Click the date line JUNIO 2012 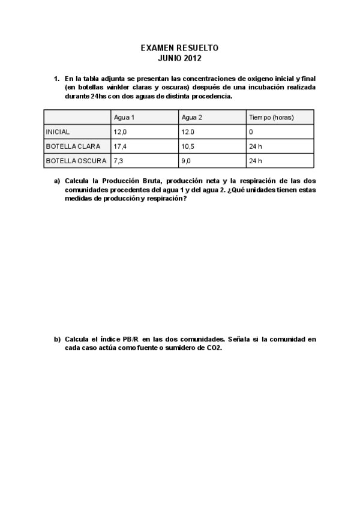pyautogui.click(x=180, y=58)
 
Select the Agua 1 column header pyautogui.click(x=124, y=117)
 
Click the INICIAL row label pyautogui.click(x=58, y=131)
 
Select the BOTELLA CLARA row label pyautogui.click(x=73, y=146)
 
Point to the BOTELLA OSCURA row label pyautogui.click(x=76, y=161)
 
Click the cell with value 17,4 pyautogui.click(x=120, y=146)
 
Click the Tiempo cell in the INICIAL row pyautogui.click(x=251, y=131)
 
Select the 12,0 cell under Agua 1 pyautogui.click(x=120, y=131)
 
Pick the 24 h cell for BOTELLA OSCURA pyautogui.click(x=255, y=161)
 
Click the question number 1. pyautogui.click(x=56, y=79)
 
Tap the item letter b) pyautogui.click(x=58, y=339)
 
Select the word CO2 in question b pyautogui.click(x=214, y=348)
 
